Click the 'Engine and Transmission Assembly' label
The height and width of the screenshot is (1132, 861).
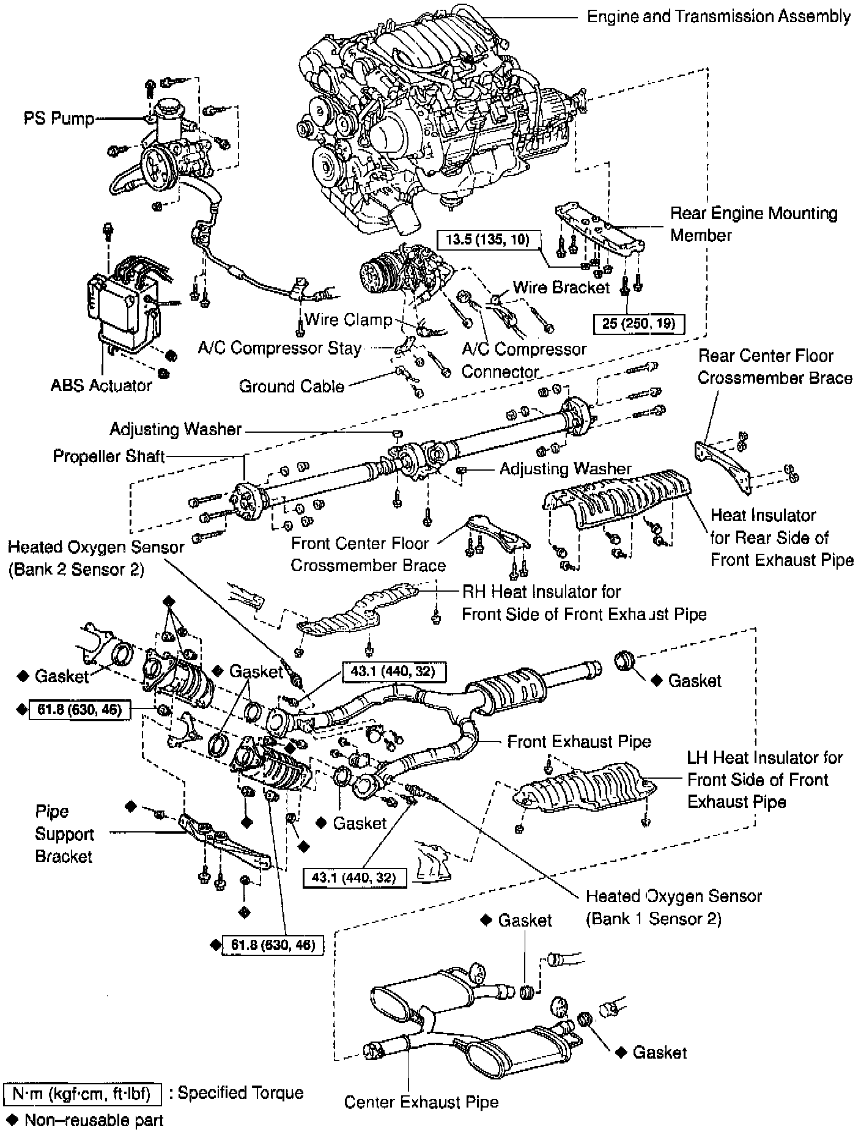[x=719, y=17]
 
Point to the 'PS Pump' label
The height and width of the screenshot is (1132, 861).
[x=59, y=118]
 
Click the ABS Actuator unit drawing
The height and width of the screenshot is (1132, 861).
[x=122, y=306]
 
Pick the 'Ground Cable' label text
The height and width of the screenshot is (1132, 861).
[x=291, y=386]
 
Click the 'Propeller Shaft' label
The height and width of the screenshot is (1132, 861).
[x=108, y=457]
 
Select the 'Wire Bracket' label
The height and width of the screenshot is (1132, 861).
[x=561, y=287]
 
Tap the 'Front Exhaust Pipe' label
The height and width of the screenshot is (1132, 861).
[x=578, y=741]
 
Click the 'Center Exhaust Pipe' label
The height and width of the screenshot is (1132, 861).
[x=421, y=1101]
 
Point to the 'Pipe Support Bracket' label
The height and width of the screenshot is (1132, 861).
[x=64, y=834]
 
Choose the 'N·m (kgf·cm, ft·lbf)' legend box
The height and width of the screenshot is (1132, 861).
[x=82, y=1093]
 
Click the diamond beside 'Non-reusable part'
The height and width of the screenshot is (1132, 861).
[x=12, y=1120]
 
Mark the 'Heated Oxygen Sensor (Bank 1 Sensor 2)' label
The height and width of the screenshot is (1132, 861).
[x=673, y=907]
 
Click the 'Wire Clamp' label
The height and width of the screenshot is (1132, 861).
[x=348, y=319]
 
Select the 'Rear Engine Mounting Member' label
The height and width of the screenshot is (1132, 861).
[x=753, y=224]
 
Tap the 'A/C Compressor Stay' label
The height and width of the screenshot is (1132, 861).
[x=279, y=348]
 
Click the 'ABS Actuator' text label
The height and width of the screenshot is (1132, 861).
[x=101, y=386]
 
